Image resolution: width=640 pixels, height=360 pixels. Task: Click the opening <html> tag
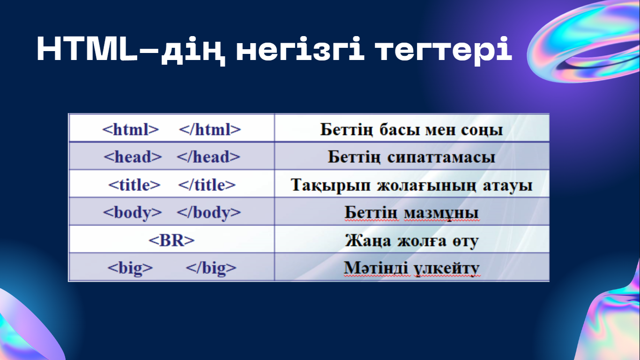pos(131,129)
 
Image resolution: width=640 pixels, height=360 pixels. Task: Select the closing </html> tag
pos(210,129)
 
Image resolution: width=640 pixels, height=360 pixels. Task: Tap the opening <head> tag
pos(133,157)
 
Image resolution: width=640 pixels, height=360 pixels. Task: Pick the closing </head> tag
pos(208,157)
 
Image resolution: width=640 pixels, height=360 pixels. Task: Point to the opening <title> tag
pos(134,185)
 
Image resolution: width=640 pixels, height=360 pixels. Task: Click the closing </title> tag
pos(207,185)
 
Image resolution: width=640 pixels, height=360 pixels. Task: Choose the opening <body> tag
pos(133,213)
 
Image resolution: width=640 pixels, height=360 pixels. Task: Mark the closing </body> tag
pos(209,213)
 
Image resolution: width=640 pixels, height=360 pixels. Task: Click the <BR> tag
pos(172,240)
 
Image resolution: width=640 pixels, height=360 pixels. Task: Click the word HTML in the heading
pos(88,49)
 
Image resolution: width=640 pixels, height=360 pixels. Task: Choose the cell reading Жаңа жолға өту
pos(412,239)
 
